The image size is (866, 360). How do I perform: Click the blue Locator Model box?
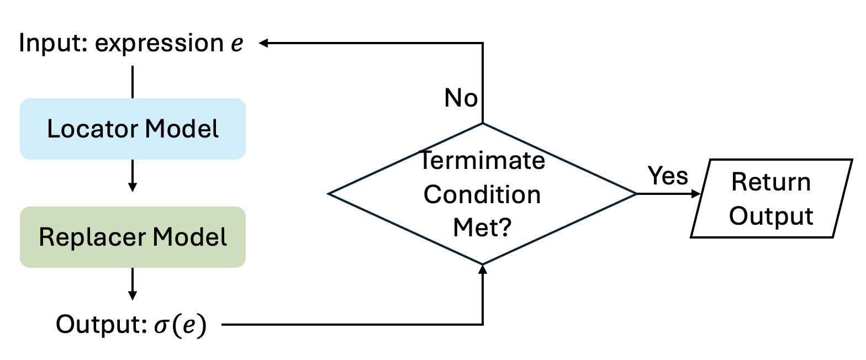tap(133, 129)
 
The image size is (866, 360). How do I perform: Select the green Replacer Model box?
tap(133, 237)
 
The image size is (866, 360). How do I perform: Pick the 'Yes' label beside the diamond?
tap(668, 176)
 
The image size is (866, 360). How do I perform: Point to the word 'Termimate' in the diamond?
tap(482, 162)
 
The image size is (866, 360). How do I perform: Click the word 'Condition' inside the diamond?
tap(482, 194)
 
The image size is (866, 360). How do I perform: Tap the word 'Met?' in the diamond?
tap(482, 227)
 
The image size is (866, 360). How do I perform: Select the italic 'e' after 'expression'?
tap(236, 44)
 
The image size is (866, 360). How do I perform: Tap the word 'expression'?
tap(158, 44)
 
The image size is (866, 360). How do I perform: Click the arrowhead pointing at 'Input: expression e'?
tap(264, 43)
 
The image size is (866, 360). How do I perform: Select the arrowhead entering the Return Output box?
tap(696, 194)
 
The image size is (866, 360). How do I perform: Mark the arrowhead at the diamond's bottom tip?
tap(483, 269)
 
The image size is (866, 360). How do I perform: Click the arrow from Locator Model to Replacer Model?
tap(132, 176)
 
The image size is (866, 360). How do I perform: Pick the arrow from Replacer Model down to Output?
tap(132, 284)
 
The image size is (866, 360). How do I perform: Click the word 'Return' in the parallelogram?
tap(771, 182)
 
